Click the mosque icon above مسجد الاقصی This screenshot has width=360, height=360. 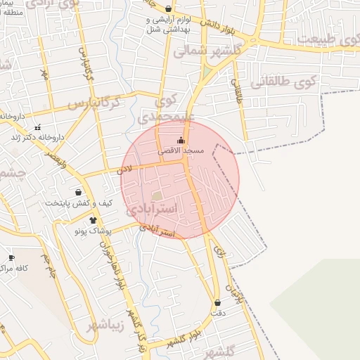(x=181, y=140)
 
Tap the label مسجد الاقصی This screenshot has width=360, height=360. (x=181, y=151)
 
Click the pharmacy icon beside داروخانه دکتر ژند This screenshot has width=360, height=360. (x=37, y=128)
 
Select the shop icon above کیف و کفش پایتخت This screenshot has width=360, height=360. (x=77, y=192)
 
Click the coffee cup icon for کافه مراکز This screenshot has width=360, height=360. (x=11, y=258)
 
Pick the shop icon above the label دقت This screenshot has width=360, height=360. (x=217, y=303)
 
